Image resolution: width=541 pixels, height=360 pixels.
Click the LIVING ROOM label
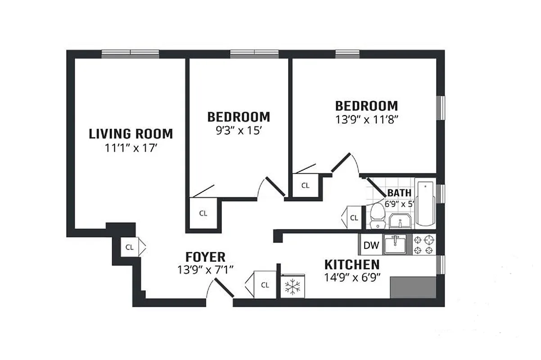[x=131, y=134]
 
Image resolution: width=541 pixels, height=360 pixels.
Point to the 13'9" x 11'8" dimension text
[x=367, y=120]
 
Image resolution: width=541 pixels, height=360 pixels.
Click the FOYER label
[x=205, y=257]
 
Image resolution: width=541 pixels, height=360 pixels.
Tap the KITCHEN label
[x=352, y=265]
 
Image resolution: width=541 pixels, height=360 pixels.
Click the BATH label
[x=399, y=193]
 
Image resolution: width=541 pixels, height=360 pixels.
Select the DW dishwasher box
[x=371, y=246]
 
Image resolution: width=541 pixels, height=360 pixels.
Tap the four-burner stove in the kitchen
[x=425, y=245]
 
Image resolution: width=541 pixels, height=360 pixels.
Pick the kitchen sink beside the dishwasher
[x=397, y=244]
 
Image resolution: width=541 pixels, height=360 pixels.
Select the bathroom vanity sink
[x=400, y=221]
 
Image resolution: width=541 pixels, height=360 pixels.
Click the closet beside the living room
[x=130, y=247]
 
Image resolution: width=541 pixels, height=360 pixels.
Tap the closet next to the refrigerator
[x=265, y=284]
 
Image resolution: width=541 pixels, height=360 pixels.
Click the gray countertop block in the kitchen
[x=413, y=287]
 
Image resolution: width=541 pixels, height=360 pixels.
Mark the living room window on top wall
[x=130, y=54]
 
